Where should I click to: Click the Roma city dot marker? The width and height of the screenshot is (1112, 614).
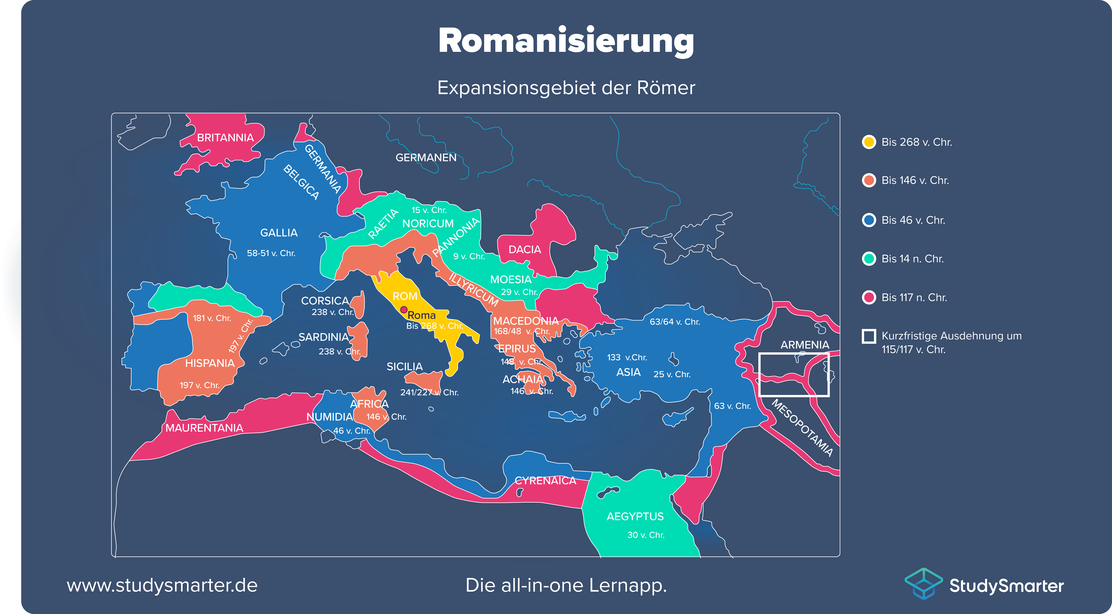[x=404, y=310]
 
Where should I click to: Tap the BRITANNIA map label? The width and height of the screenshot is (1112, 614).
[x=225, y=138]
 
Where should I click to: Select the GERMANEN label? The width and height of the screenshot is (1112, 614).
[x=426, y=158]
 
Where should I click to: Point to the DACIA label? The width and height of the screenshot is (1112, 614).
[x=525, y=250]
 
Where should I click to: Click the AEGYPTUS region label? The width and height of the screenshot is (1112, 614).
[x=635, y=516]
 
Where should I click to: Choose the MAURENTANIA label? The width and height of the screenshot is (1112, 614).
[x=204, y=428]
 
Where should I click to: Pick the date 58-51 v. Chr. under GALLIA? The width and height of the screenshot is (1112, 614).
[x=271, y=253]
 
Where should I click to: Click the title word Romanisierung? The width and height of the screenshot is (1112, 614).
[x=566, y=41]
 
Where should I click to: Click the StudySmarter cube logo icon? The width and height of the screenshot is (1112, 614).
[x=923, y=584]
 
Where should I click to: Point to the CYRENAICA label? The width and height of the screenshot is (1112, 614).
[x=545, y=481]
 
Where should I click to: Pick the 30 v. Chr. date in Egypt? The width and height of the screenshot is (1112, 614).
[x=646, y=535]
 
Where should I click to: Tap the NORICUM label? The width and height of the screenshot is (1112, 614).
[x=428, y=224]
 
